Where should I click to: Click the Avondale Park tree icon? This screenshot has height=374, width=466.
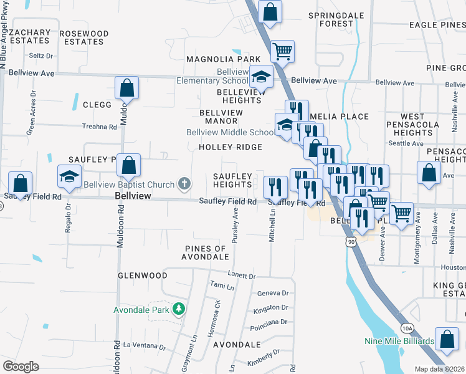point(179,309)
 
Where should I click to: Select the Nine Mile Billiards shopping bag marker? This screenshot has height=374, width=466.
point(446,339)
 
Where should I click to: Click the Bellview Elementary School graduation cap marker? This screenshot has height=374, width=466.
point(261,77)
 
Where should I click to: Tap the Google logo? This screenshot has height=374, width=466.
point(21,367)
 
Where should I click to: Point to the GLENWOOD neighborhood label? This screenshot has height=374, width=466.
point(143,275)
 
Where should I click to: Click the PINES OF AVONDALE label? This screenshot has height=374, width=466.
point(206,252)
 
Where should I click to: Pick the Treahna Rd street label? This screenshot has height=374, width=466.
point(100,127)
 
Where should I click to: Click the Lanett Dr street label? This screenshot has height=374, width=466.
point(242,276)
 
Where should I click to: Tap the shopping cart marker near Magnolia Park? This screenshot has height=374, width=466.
point(282,51)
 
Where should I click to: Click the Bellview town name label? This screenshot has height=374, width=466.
point(133,196)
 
